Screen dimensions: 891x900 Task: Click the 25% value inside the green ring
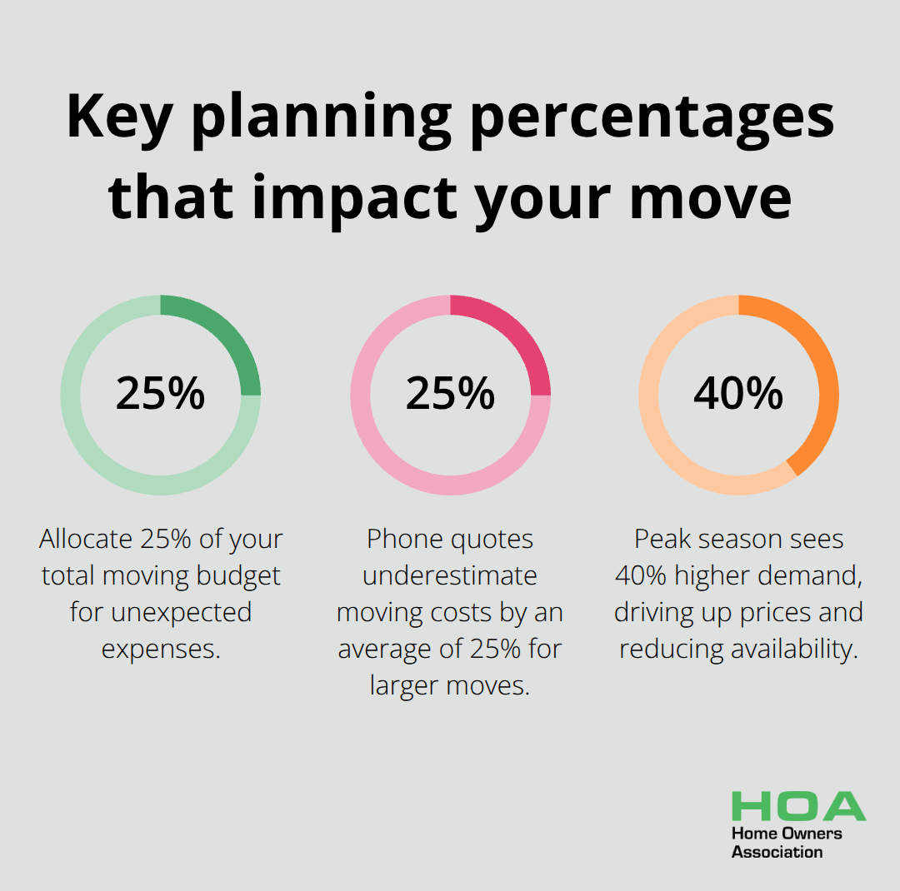click(160, 394)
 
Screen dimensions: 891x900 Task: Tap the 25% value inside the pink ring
click(450, 394)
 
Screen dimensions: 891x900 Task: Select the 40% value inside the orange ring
click(738, 394)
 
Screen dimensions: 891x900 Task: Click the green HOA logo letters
click(798, 806)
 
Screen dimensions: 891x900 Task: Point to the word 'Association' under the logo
click(777, 852)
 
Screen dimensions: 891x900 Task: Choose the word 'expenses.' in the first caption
click(161, 649)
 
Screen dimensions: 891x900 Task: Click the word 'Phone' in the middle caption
click(406, 540)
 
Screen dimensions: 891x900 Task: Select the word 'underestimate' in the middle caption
click(450, 576)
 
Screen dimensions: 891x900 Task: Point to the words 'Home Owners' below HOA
click(787, 834)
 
